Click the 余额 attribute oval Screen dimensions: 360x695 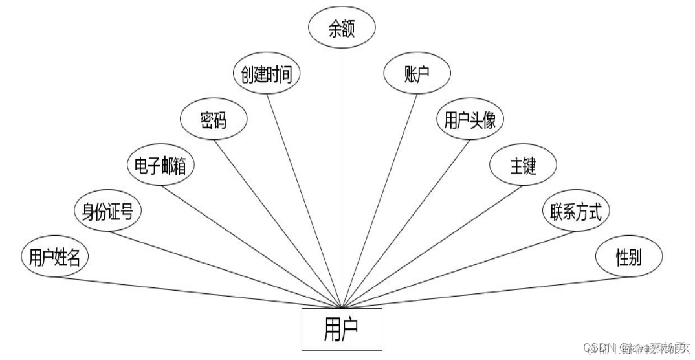(x=342, y=31)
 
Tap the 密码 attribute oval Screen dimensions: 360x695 (x=214, y=120)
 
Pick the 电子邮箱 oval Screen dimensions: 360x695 (x=160, y=166)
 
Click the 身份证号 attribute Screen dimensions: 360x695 (x=108, y=212)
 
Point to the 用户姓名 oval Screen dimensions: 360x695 (x=54, y=257)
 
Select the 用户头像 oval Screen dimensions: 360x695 (x=470, y=120)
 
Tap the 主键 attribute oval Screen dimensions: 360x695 (x=522, y=166)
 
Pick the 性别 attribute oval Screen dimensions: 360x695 (x=628, y=257)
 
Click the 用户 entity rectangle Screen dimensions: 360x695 (x=342, y=330)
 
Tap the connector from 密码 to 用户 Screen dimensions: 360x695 (x=278, y=220)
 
